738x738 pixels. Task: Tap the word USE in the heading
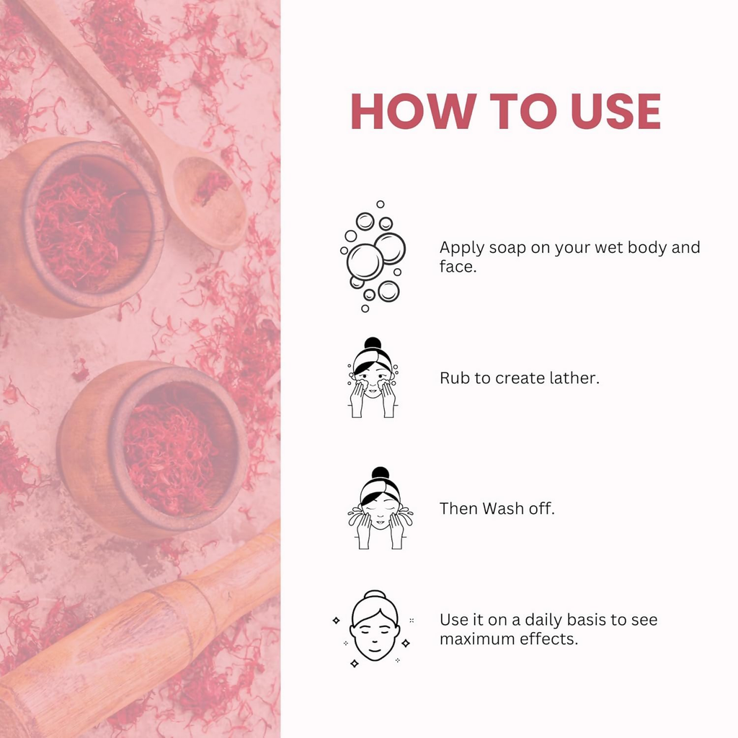coord(615,111)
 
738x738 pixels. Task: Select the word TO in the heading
coord(523,111)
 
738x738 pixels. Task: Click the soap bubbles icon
coord(373,257)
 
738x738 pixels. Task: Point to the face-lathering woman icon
coord(373,378)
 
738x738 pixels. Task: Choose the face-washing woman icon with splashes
coord(381,508)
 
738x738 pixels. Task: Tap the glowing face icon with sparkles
coord(374,628)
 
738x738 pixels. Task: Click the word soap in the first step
coord(507,248)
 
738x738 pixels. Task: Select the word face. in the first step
coord(458,267)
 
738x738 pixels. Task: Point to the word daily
coord(543,620)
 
